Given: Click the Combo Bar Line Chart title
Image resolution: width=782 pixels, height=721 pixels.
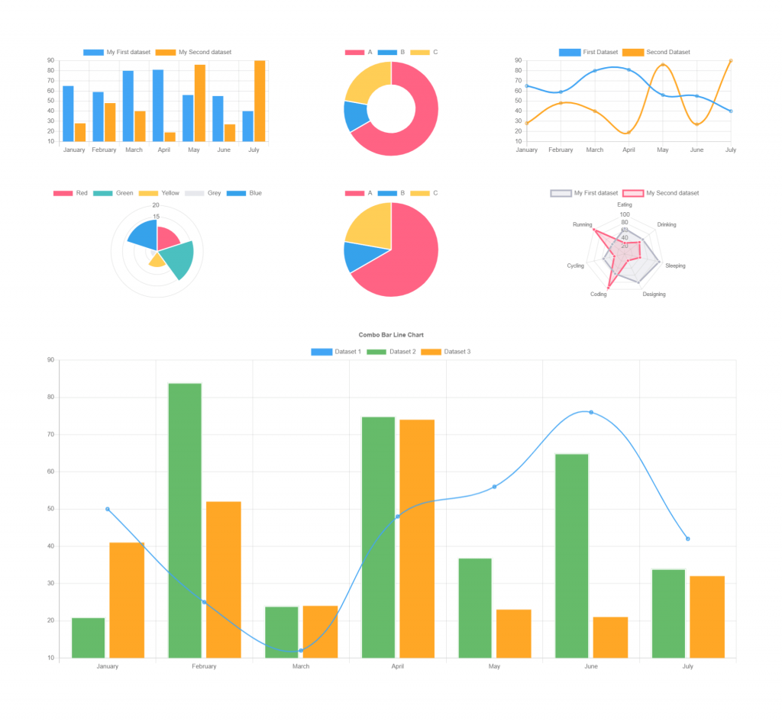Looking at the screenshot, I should (390, 335).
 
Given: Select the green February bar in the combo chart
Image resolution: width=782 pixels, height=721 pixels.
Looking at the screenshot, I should (185, 519).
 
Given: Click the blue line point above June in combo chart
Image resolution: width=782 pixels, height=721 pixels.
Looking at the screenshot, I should (591, 412).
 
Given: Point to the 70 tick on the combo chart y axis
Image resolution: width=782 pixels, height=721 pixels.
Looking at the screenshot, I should (50, 435).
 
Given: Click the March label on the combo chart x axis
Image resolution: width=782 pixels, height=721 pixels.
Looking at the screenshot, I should (301, 667).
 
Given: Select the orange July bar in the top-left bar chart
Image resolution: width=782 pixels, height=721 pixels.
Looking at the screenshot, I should (260, 101).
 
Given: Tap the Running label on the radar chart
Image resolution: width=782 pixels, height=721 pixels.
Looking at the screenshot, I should (582, 225).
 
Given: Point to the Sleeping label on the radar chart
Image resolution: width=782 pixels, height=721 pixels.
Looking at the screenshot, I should (675, 266).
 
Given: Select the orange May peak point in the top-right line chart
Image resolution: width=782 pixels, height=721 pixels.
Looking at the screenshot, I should (662, 65).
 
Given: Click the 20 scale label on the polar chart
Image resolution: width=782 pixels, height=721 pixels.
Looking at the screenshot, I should (156, 205).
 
